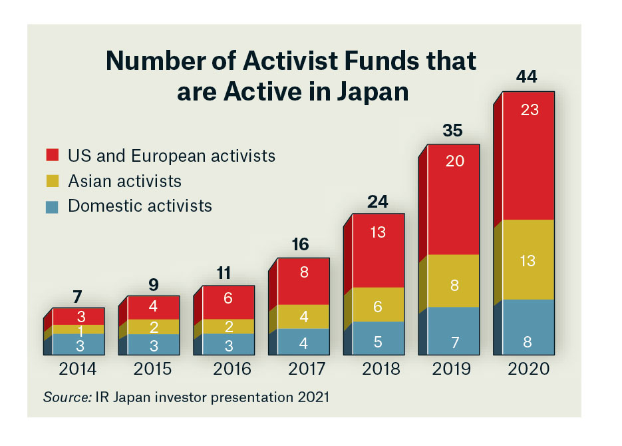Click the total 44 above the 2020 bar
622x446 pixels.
coord(526,77)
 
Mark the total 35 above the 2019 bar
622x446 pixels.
coord(452,130)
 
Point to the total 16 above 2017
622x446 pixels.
coord(300,244)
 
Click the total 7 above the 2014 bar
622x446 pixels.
coord(77,296)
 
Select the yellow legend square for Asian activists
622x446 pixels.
coord(53,181)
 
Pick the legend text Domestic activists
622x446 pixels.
coord(140,205)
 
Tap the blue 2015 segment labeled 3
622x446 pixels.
coord(153,343)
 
